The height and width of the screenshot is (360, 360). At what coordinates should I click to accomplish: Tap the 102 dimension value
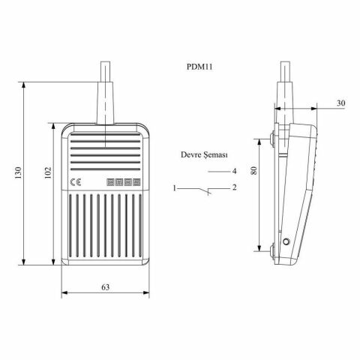click(46, 172)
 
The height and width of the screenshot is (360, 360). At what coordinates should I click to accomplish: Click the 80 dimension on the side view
click(255, 171)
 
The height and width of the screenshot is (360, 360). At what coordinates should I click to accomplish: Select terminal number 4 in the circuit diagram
click(235, 171)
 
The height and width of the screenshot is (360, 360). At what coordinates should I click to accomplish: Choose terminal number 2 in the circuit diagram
click(235, 187)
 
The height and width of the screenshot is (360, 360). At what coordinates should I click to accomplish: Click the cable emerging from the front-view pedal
click(106, 90)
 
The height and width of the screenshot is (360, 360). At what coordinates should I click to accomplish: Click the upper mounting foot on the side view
click(271, 137)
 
